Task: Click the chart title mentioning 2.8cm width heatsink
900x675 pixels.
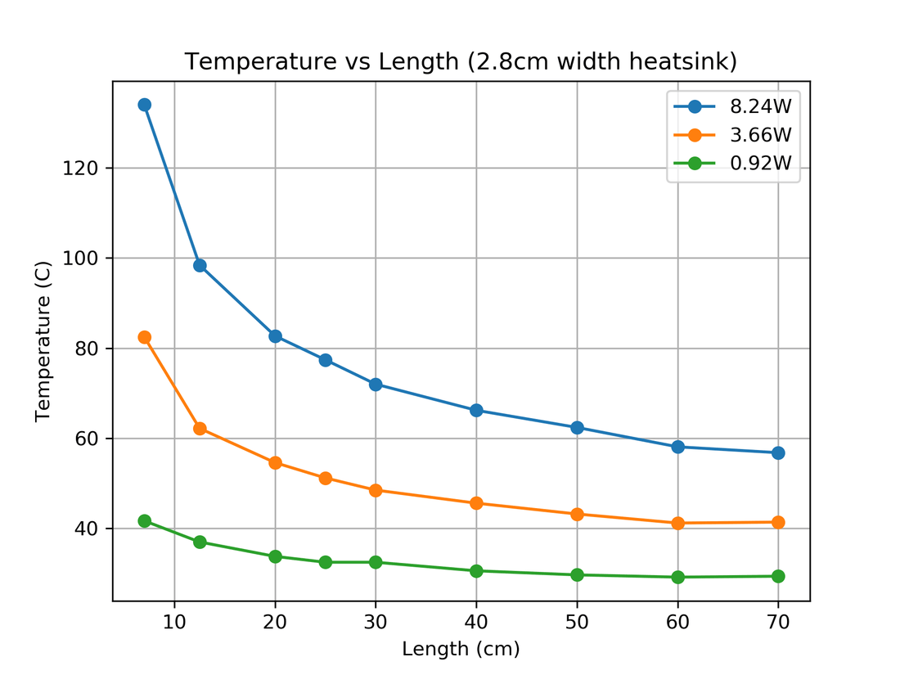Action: tap(461, 61)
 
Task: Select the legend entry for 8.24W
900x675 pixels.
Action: tap(760, 106)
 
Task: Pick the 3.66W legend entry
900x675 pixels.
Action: tap(760, 134)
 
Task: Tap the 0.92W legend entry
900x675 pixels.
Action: tap(760, 163)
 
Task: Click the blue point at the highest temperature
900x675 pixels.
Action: tap(144, 105)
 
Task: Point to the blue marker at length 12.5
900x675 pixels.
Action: tap(200, 265)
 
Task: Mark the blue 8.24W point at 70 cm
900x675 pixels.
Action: tap(778, 452)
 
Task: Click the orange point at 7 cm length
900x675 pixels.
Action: tap(144, 337)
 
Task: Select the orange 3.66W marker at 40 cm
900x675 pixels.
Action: tap(476, 503)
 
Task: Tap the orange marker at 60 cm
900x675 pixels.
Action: tap(677, 523)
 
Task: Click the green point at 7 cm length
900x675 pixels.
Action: tap(144, 521)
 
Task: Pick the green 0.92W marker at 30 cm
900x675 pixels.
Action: tap(376, 562)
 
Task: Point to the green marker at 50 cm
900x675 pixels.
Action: tap(577, 574)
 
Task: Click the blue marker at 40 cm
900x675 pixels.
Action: tap(476, 410)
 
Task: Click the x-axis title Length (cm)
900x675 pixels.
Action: tap(461, 650)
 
